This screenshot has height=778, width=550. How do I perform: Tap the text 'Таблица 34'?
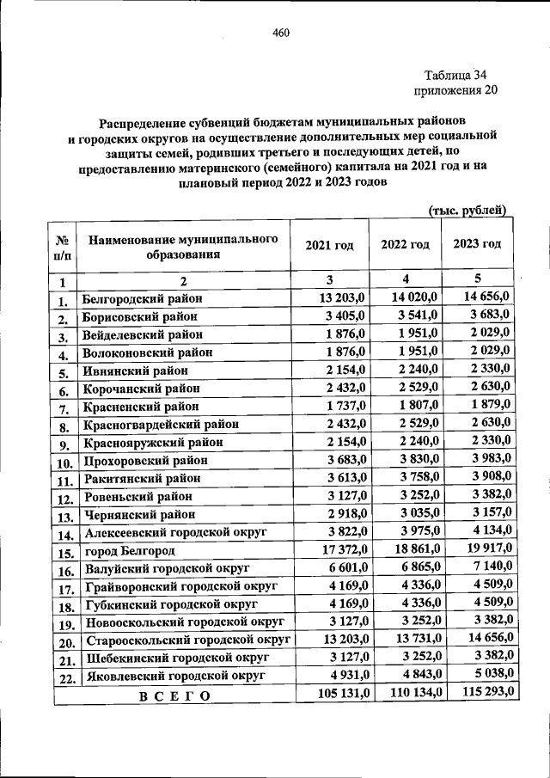456,76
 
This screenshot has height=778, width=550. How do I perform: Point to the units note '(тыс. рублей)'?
467,210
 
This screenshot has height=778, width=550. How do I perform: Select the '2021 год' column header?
329,245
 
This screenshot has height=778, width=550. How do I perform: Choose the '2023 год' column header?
477,244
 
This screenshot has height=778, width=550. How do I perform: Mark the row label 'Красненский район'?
141,405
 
